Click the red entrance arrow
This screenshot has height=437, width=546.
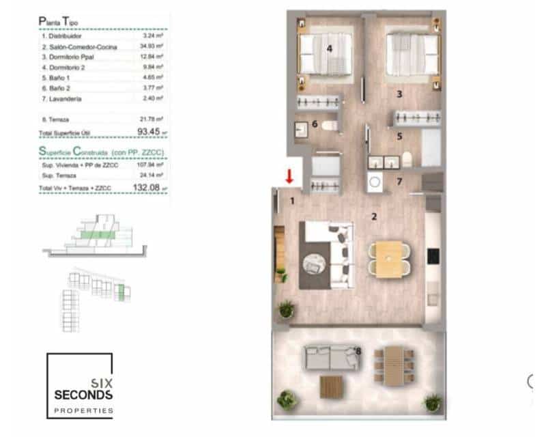pyautogui.click(x=289, y=176)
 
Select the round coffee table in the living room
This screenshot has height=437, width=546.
pyautogui.click(x=316, y=262)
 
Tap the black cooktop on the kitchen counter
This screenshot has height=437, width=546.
pyautogui.click(x=433, y=257)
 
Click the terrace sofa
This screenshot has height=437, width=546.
pyautogui.click(x=330, y=358)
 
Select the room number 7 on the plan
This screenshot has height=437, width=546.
pyautogui.click(x=400, y=182)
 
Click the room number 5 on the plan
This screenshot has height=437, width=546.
pyautogui.click(x=400, y=136)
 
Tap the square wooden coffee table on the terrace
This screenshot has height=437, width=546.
pyautogui.click(x=330, y=387)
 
